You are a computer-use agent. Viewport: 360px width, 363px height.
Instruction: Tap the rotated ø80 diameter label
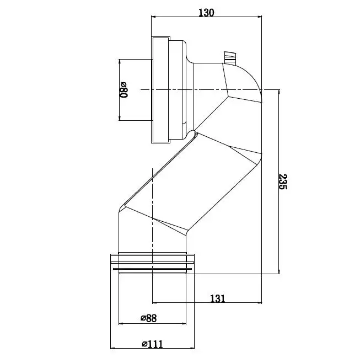pyautogui.click(x=123, y=89)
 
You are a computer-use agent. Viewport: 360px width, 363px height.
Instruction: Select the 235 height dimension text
pyautogui.click(x=283, y=181)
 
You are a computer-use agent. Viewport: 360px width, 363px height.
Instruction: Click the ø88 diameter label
pyautogui.click(x=149, y=318)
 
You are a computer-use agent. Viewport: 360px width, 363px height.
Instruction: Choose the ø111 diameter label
pyautogui.click(x=152, y=344)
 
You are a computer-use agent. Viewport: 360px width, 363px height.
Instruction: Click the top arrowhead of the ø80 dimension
pyautogui.click(x=119, y=61)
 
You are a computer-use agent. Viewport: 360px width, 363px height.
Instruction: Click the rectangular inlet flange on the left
pyautogui.click(x=160, y=89)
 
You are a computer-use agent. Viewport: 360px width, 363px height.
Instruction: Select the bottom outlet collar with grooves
pyautogui.click(x=152, y=263)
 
